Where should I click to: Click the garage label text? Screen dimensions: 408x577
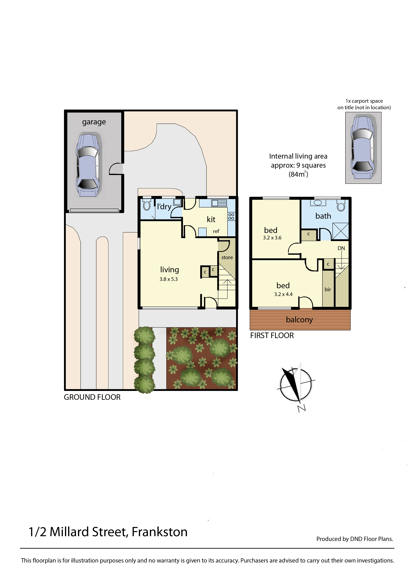tap(94, 122)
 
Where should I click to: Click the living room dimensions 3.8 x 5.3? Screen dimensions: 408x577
tap(169, 279)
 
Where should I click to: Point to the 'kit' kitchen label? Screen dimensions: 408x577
tap(211, 219)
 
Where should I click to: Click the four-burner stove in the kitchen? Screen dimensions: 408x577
tap(231, 216)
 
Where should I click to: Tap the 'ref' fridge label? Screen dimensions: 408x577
tap(216, 231)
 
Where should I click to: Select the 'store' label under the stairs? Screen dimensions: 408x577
tap(227, 257)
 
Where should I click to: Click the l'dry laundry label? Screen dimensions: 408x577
tap(164, 207)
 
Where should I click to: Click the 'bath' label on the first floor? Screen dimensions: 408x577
tap(323, 216)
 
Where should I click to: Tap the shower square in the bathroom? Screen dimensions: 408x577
tap(340, 231)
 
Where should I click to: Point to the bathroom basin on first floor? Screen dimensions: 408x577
tap(318, 203)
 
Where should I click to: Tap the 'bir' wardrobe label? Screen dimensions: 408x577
tap(328, 289)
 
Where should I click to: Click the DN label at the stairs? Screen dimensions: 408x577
tap(341, 248)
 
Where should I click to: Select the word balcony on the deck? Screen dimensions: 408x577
tap(299, 320)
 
